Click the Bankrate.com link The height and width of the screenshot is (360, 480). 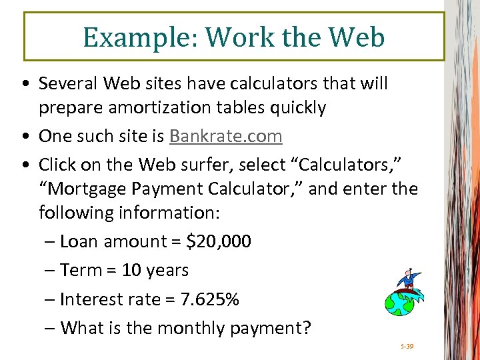[226, 136]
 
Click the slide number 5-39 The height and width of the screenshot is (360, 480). [407, 347]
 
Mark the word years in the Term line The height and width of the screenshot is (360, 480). [167, 271]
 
